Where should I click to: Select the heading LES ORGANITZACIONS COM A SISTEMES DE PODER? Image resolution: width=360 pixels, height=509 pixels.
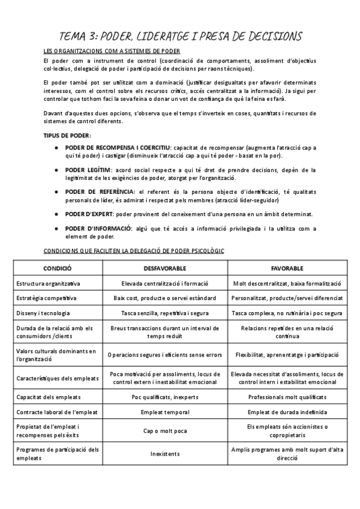112,51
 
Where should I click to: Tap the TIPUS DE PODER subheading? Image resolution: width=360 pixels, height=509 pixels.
67,135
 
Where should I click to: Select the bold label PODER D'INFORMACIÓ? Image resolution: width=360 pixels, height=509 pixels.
98,229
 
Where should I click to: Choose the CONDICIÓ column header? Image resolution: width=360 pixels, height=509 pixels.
58,268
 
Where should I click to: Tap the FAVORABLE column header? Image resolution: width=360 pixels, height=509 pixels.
287,268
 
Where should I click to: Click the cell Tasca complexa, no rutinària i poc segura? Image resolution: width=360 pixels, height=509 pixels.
287,313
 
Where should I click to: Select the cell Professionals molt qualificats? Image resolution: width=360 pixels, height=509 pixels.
287,397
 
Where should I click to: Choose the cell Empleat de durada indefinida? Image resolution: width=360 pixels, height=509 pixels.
287,412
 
